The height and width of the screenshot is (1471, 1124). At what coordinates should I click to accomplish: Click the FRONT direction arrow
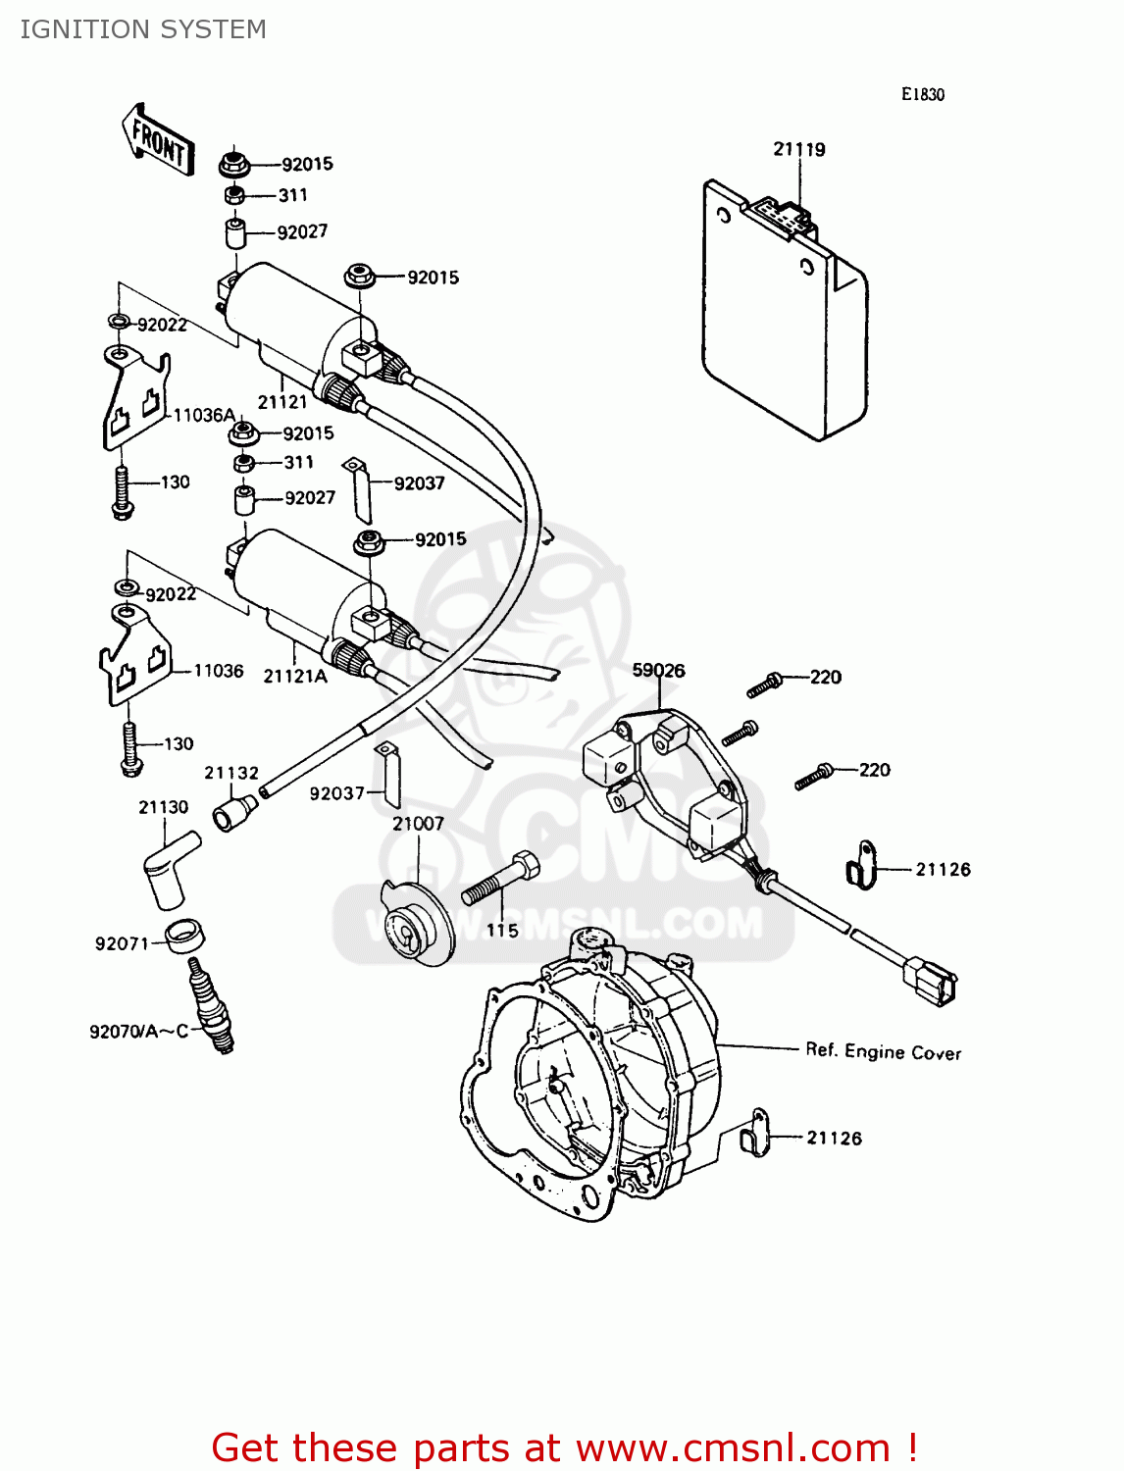click(x=158, y=140)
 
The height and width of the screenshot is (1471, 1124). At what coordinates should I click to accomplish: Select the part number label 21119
click(x=798, y=149)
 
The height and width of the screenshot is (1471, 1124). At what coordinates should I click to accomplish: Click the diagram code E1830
click(x=922, y=94)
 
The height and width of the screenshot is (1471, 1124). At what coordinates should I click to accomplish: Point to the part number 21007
click(x=418, y=824)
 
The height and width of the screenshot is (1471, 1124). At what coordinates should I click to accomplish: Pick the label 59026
click(x=658, y=671)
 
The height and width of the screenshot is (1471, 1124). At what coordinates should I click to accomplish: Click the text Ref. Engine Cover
click(x=883, y=1051)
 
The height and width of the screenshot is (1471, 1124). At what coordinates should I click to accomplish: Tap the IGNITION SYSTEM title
click(x=143, y=29)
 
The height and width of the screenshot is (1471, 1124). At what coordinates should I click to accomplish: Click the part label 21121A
click(x=294, y=676)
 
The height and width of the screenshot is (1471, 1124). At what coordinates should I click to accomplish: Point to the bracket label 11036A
click(x=204, y=415)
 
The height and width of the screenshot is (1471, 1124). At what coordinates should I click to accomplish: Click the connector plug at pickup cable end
click(x=929, y=981)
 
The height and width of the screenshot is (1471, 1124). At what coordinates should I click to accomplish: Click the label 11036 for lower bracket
click(x=218, y=671)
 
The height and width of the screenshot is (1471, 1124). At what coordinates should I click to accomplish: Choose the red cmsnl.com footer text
click(x=564, y=1447)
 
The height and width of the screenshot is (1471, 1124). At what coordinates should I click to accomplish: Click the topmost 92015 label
click(x=307, y=164)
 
